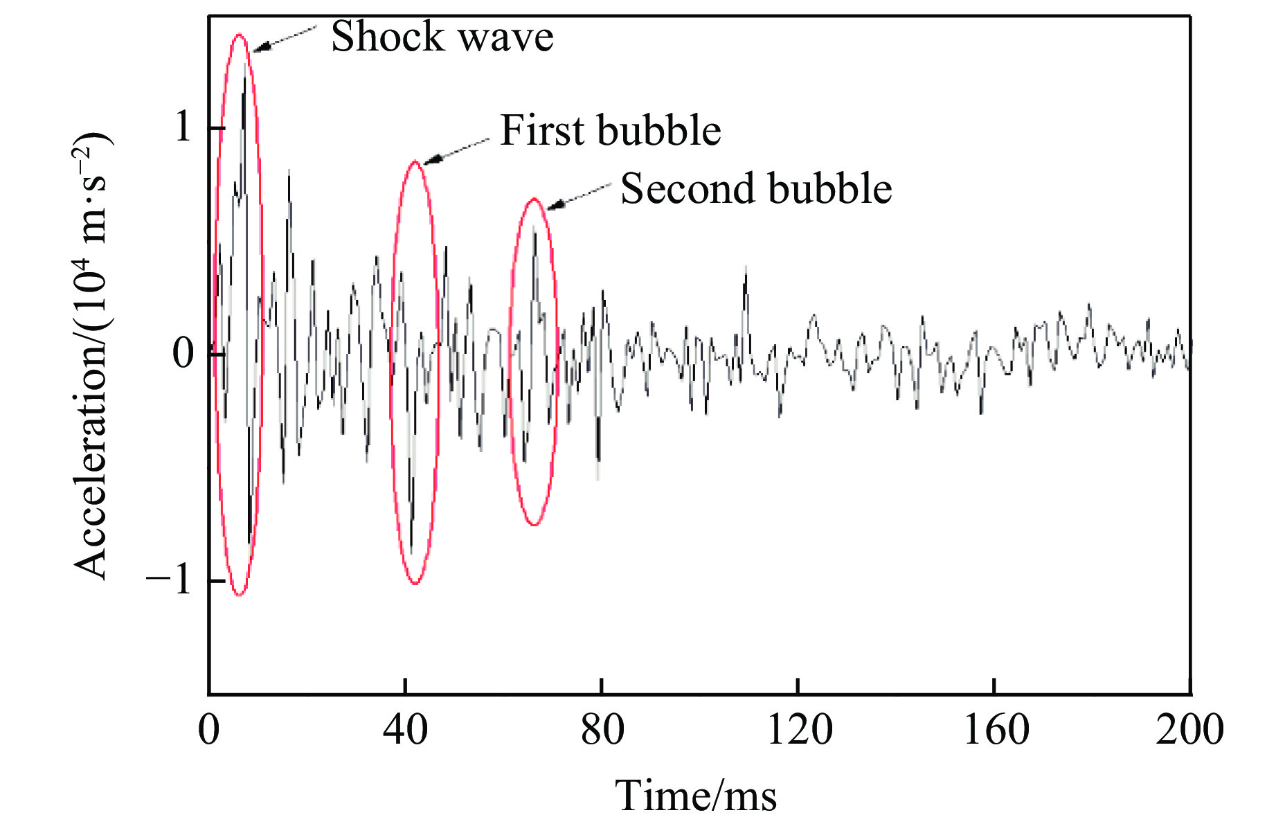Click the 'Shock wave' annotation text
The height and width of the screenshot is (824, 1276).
point(442,37)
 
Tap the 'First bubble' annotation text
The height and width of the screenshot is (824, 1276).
point(610,130)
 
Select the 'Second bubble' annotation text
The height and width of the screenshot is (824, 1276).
point(755,188)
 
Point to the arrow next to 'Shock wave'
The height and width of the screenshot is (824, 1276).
point(284,39)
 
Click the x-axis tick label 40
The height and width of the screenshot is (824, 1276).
point(405,730)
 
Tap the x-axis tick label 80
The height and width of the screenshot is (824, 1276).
point(602,730)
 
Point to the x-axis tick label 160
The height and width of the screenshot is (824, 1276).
point(995,730)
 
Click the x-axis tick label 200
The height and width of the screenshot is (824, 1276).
point(1189,730)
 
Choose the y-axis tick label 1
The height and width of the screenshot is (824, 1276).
point(183,127)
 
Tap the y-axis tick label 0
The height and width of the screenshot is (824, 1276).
point(183,354)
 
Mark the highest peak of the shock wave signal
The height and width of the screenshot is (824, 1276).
point(244,78)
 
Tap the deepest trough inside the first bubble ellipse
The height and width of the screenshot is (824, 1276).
point(411,550)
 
